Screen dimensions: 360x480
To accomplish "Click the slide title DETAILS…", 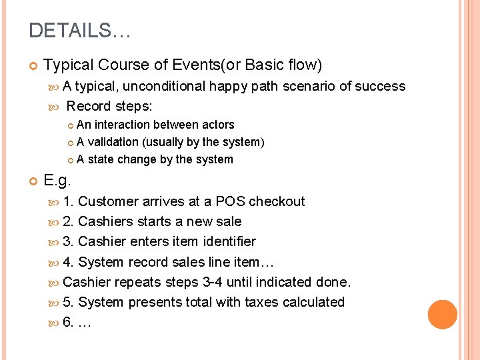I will coord(81,31).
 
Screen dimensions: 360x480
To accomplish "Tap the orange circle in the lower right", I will coord(443,314).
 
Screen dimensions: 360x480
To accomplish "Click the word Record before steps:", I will coord(89,106).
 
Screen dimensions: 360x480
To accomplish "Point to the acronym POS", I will coord(230,201).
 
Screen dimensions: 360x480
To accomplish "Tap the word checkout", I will coord(277,201).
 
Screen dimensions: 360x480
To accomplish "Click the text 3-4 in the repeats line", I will coord(213,282).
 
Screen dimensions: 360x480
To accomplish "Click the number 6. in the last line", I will coord(68,323).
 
